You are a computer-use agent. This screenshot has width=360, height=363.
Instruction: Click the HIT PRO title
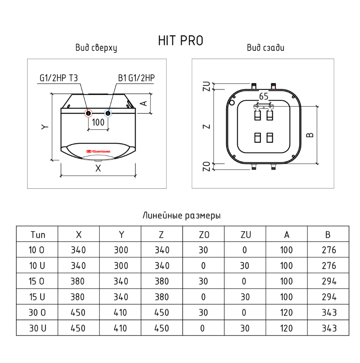[x=181, y=41]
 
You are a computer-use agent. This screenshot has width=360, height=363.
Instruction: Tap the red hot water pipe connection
[x=89, y=114]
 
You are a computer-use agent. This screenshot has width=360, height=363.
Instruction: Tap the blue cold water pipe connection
[x=108, y=114]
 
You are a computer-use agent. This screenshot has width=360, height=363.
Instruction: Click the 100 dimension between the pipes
[x=98, y=122]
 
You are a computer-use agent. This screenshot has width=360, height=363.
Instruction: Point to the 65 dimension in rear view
[x=264, y=96]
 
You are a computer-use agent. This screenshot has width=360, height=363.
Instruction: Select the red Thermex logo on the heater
[x=98, y=151]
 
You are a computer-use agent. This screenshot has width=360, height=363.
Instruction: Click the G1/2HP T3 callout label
[x=59, y=78]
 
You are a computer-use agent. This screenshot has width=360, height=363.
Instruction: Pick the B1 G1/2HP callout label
[x=136, y=78]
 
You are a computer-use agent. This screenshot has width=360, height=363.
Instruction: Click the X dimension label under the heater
[x=98, y=168]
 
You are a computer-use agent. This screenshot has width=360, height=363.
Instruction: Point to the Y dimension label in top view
[x=45, y=127]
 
